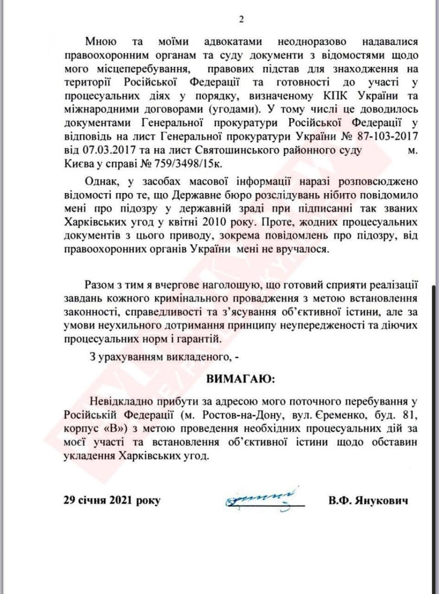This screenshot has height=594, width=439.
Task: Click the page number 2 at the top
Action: tap(242, 20)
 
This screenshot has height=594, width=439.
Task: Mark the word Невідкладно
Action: tap(120, 399)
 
